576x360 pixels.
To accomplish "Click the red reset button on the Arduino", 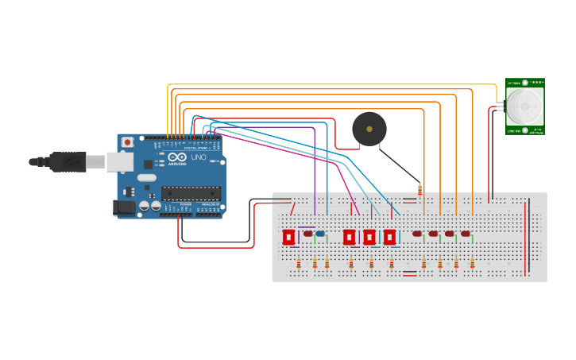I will [x=127, y=141].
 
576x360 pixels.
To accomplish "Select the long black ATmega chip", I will [x=191, y=192].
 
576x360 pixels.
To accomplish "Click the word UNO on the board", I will [x=199, y=157].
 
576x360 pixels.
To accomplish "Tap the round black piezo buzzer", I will [x=369, y=128].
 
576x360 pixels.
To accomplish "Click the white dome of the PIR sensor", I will [x=524, y=106].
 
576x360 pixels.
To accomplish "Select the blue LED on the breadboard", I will [x=320, y=234].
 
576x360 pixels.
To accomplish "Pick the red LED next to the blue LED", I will [x=308, y=234].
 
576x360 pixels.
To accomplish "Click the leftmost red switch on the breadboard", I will [x=288, y=237].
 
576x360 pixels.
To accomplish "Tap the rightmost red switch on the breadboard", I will [x=389, y=237].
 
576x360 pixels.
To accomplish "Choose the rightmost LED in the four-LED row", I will [x=466, y=234].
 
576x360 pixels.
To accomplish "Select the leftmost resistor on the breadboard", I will [x=299, y=264].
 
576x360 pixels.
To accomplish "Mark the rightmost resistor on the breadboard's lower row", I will [x=473, y=264].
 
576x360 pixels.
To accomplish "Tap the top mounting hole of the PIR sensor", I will [x=524, y=83].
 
